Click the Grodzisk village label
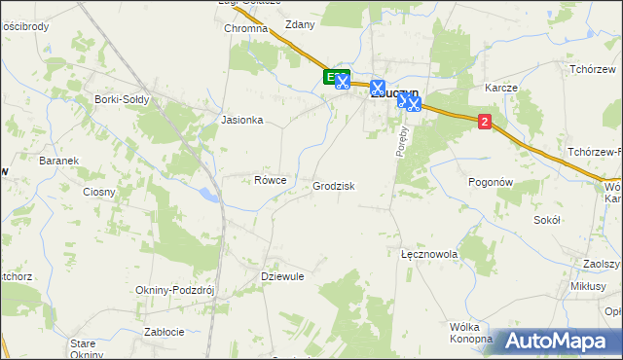(x=333, y=186)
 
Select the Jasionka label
(x=242, y=121)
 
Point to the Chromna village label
(x=245, y=29)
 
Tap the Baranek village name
(x=58, y=161)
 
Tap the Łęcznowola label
(x=429, y=253)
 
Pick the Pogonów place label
(x=490, y=182)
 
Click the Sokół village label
(x=548, y=220)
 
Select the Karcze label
(x=500, y=88)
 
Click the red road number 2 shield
(x=485, y=122)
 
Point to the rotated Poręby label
(x=400, y=140)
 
